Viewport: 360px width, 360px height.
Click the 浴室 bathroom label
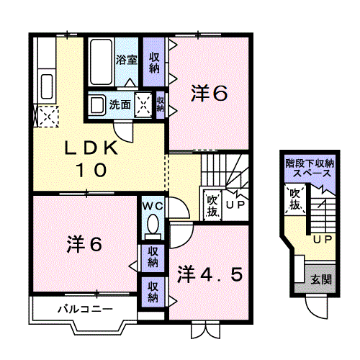[127, 60]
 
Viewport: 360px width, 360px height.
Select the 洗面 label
[120, 104]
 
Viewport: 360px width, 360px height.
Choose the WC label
[153, 206]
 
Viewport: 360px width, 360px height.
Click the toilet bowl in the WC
[153, 226]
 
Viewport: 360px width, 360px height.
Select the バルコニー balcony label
[85, 309]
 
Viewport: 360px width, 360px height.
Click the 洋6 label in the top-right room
[209, 93]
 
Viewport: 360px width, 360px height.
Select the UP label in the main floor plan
[235, 205]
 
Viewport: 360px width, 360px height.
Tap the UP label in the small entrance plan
[321, 239]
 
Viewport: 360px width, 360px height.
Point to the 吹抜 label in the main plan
[212, 205]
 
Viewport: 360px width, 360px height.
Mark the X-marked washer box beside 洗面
[145, 104]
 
